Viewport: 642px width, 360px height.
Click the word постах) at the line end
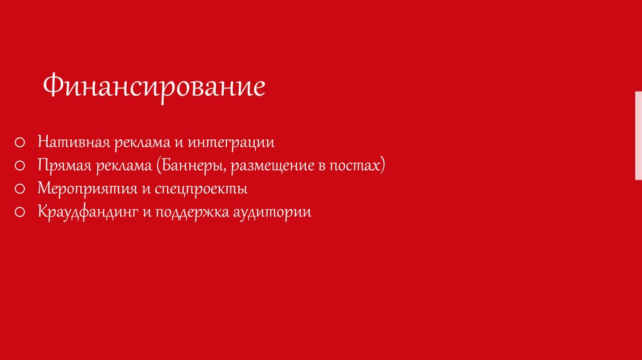(359, 166)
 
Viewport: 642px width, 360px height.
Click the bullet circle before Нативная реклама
(21, 143)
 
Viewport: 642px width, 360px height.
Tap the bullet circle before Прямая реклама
(21, 166)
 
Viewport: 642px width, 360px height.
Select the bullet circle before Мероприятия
(21, 189)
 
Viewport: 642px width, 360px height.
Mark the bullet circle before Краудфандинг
(21, 212)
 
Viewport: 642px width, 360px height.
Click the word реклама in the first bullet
(142, 142)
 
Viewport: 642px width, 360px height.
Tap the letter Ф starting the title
(51, 87)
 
